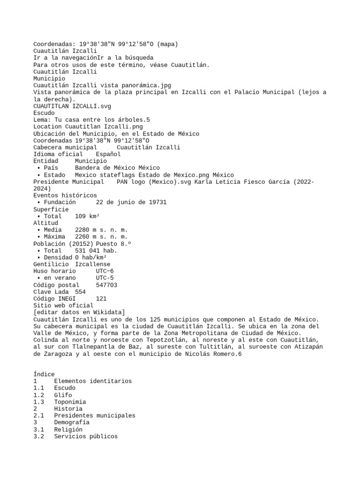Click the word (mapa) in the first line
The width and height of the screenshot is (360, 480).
click(x=168, y=44)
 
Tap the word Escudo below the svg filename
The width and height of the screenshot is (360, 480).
click(x=44, y=113)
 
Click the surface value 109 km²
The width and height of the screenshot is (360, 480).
click(x=87, y=216)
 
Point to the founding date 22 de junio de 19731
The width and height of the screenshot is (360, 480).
click(x=131, y=202)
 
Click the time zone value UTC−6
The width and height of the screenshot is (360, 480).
click(x=105, y=271)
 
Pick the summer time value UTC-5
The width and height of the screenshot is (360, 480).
click(x=105, y=278)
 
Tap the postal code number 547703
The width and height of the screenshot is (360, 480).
click(x=106, y=285)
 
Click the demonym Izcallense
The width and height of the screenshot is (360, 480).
click(x=93, y=264)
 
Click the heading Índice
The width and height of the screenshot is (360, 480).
click(x=44, y=374)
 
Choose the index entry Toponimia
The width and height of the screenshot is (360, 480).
click(x=70, y=402)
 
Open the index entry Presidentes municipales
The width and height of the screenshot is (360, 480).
click(x=94, y=415)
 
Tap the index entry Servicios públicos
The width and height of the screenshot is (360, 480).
click(x=86, y=436)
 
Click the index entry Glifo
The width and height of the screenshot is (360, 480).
click(x=63, y=395)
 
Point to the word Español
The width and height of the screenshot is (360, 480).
click(x=108, y=154)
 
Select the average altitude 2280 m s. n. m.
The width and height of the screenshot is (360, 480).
click(x=101, y=230)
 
